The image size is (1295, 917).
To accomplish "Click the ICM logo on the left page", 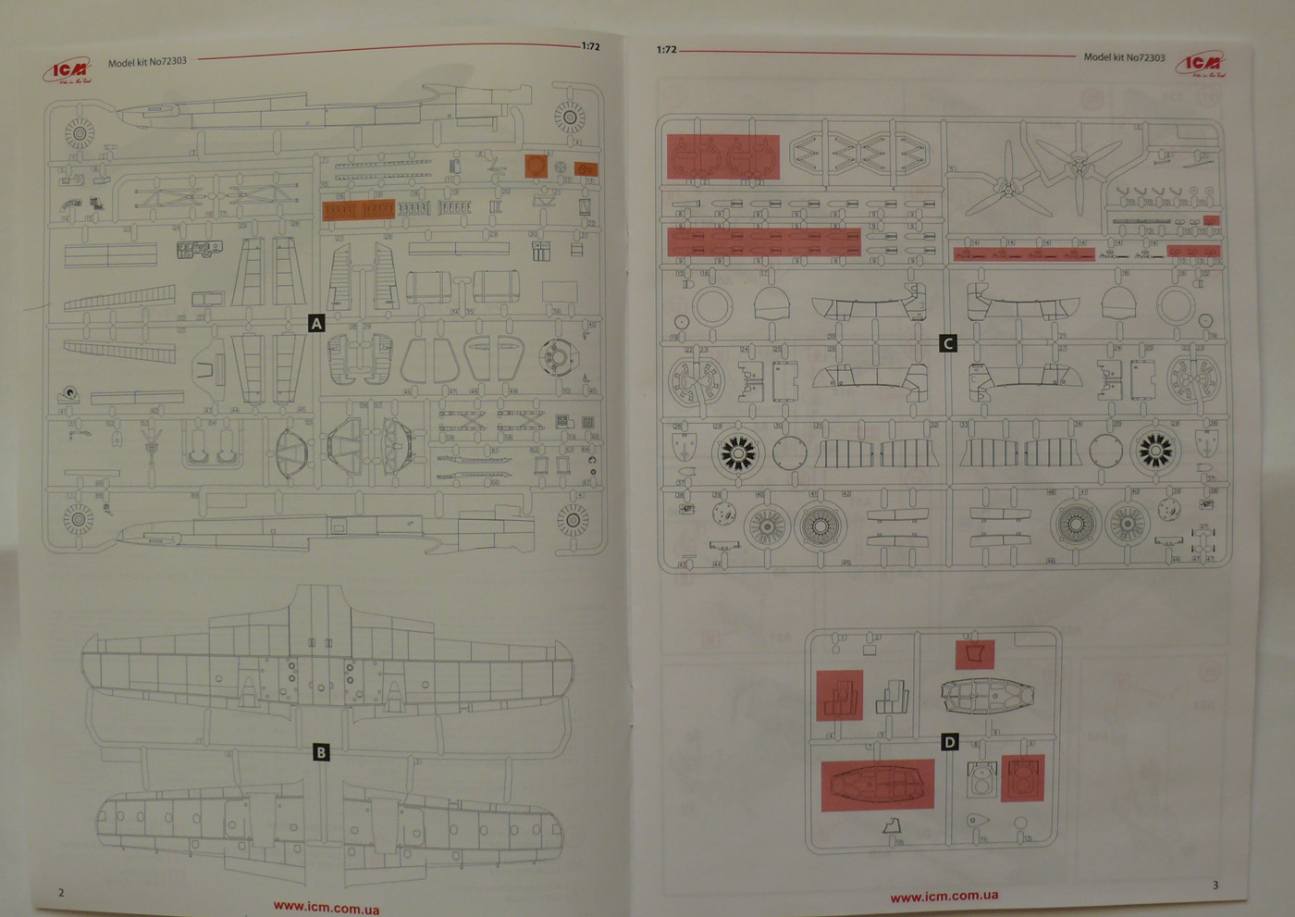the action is (67, 70).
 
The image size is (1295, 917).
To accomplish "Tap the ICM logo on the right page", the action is (1202, 64).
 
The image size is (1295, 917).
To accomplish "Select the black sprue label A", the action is (316, 323).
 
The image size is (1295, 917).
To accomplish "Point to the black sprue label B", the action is (321, 752).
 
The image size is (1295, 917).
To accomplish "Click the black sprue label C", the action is (947, 343).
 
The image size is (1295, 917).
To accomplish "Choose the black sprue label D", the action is (949, 742).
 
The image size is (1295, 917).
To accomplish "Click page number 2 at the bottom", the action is (62, 892).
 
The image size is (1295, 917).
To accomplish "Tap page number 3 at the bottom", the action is (1215, 886).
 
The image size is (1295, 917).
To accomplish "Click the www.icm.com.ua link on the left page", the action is (326, 907).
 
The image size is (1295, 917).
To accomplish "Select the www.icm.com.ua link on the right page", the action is (943, 896).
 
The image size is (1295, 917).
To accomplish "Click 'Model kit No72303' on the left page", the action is (147, 62).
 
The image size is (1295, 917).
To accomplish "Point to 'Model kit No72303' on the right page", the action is (1124, 57).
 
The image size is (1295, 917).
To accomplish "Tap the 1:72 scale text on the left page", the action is (590, 46).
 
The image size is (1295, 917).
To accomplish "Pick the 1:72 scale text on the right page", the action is (666, 50).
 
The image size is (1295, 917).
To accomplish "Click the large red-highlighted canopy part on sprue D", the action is (877, 785).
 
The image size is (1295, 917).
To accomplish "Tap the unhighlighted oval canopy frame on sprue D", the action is (986, 695).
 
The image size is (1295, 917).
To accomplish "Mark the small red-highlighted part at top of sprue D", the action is (974, 654).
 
